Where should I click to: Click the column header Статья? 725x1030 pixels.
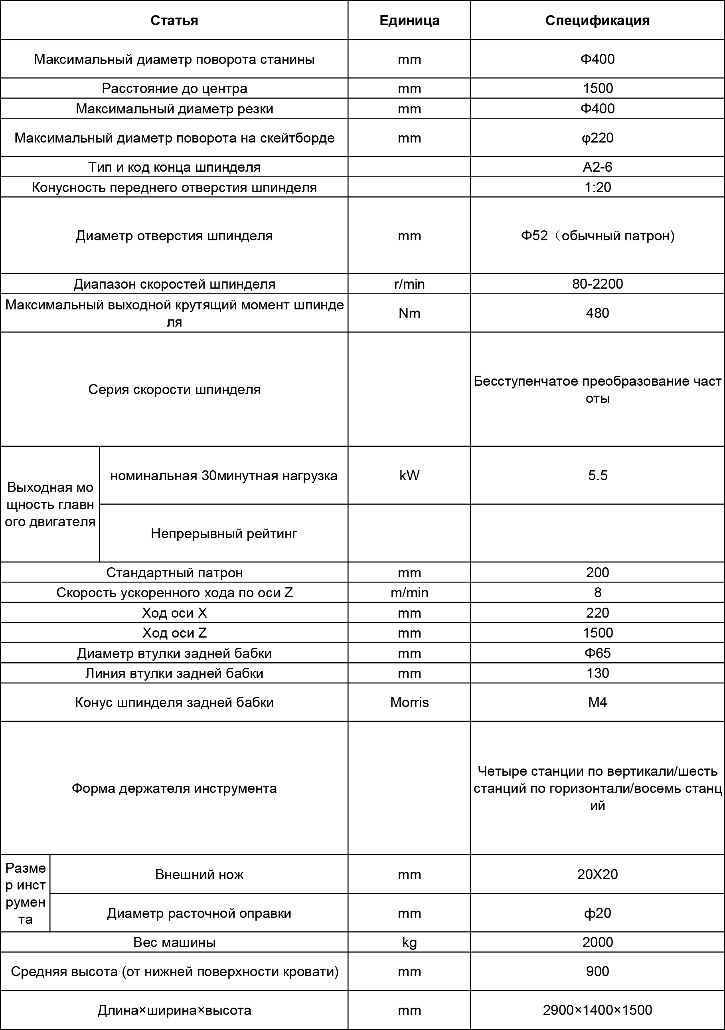[174, 21]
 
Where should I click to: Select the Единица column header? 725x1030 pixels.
[409, 21]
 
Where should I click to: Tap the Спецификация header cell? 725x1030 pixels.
[597, 21]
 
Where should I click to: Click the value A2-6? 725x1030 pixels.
[597, 167]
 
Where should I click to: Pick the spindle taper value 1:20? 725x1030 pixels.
[597, 187]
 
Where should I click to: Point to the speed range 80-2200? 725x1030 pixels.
[597, 284]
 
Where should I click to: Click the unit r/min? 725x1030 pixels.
[409, 284]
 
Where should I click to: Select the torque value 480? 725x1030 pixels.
[597, 313]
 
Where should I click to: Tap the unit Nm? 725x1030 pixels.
[409, 313]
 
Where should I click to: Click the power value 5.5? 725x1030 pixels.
[597, 475]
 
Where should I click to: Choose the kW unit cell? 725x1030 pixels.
[409, 475]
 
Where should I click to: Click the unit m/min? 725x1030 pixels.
[409, 592]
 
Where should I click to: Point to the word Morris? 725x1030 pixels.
[409, 702]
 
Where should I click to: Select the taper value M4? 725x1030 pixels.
[597, 702]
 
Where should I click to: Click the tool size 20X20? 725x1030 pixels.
[597, 874]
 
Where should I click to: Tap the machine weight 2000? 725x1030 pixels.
[597, 942]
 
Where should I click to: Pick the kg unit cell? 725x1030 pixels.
[409, 942]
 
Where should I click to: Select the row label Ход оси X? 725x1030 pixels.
[174, 613]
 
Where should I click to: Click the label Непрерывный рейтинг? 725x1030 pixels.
[224, 533]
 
